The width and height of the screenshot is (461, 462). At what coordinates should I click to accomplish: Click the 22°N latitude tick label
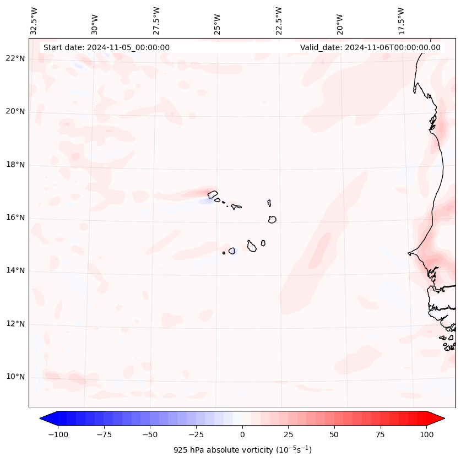[x=15, y=59]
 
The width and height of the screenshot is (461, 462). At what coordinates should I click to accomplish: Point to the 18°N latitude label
[x=15, y=165]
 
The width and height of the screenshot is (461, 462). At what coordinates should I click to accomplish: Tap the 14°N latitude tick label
[x=15, y=270]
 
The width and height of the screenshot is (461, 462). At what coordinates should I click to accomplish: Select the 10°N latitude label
[x=15, y=377]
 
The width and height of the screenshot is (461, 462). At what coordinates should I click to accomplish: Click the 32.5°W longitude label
[x=34, y=20]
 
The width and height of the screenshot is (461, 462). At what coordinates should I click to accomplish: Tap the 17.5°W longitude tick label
[x=401, y=20]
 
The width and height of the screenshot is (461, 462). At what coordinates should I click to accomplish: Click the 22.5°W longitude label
[x=279, y=20]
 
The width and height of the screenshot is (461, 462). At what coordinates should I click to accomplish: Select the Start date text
[x=106, y=47]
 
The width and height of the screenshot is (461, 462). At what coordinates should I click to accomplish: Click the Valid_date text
[x=370, y=47]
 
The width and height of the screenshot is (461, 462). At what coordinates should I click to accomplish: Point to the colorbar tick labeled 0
[x=242, y=434]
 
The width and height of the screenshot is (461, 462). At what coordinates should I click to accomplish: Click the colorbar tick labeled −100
[x=58, y=434]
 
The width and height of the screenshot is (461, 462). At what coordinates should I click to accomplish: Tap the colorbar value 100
[x=426, y=434]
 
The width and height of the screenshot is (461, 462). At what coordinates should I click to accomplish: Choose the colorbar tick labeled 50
[x=334, y=434]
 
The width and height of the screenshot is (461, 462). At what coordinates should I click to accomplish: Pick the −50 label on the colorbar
[x=150, y=434]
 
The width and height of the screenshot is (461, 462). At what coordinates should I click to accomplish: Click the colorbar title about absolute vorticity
[x=242, y=450]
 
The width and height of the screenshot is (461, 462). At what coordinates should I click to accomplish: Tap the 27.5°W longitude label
[x=156, y=20]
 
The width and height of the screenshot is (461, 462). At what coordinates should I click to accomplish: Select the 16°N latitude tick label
[x=15, y=218]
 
